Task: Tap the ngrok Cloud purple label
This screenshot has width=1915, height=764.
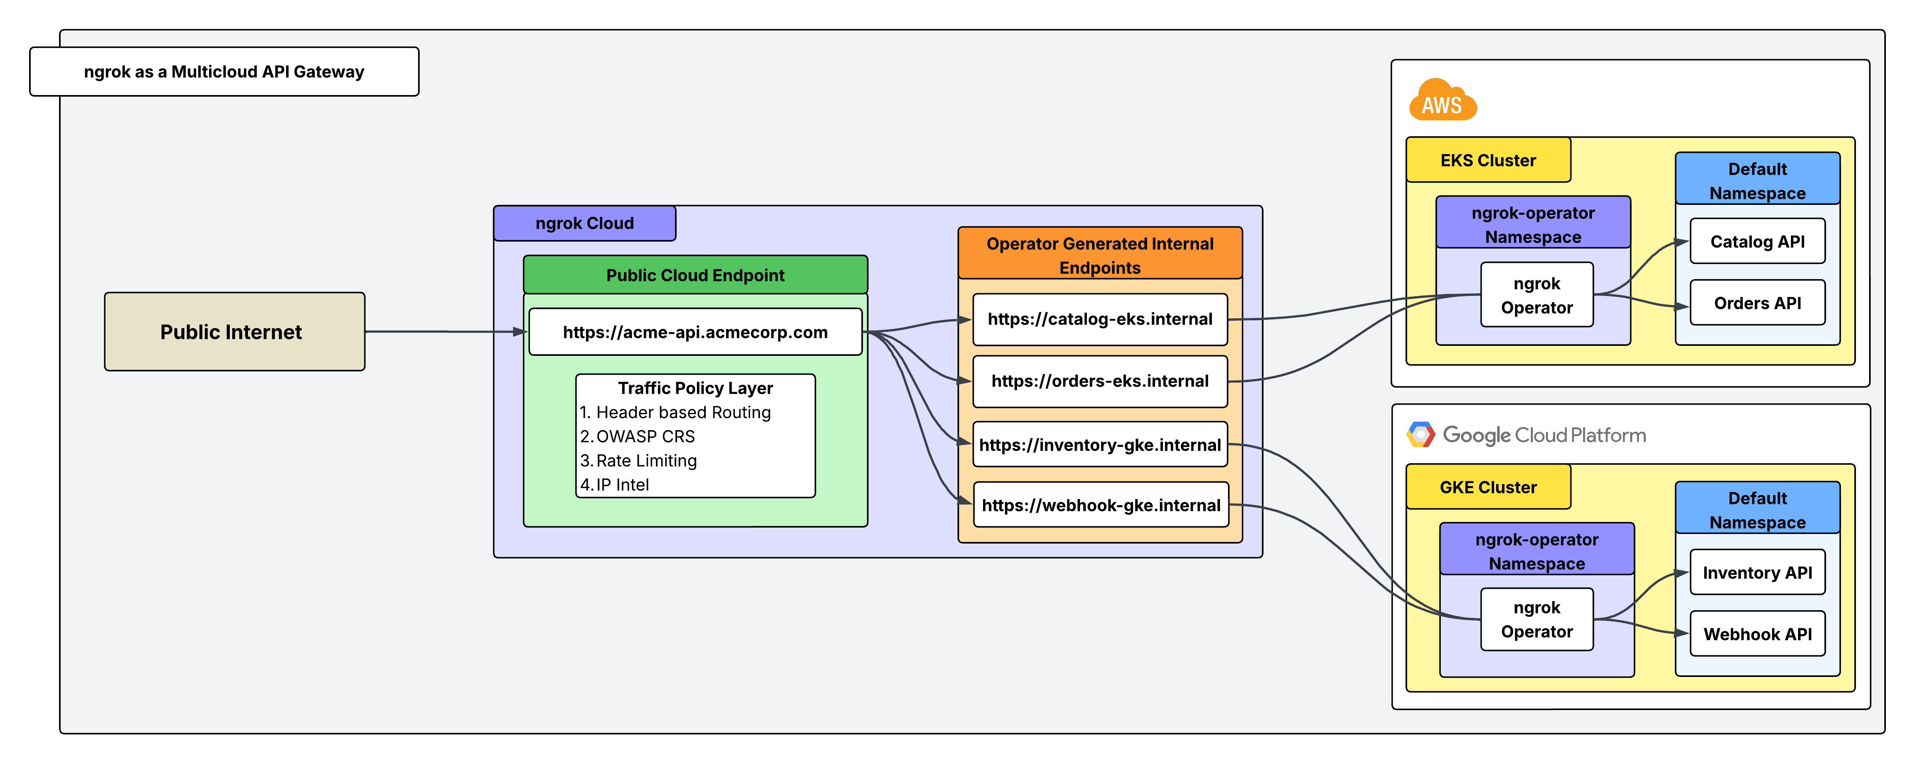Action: pyautogui.click(x=584, y=223)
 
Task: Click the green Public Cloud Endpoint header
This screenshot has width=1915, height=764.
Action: pyautogui.click(x=695, y=275)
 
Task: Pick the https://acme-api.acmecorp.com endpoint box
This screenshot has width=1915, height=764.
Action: pyautogui.click(x=695, y=332)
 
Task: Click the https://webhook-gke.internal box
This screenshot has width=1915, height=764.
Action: pyautogui.click(x=1100, y=505)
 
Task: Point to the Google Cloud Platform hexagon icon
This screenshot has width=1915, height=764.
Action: pyautogui.click(x=1421, y=435)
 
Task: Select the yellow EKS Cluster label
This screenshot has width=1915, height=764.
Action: pyautogui.click(x=1488, y=160)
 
